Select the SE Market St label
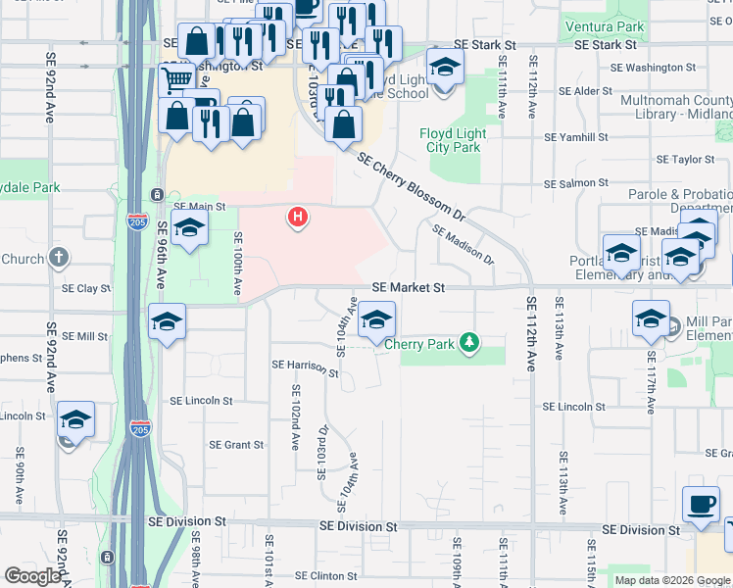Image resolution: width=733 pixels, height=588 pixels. [409, 288]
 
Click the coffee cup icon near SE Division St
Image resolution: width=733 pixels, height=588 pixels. [700, 503]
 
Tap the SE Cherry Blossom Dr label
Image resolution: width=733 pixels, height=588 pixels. [410, 184]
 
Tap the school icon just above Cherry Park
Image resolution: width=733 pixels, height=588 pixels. [376, 318]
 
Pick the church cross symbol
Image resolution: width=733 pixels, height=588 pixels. [59, 259]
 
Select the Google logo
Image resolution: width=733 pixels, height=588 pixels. [34, 576]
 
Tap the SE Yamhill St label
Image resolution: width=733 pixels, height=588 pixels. [576, 138]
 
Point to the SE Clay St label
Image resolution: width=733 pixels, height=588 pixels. [86, 289]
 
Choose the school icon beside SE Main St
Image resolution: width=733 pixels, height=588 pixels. [189, 228]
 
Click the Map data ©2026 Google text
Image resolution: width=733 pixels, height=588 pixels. [672, 580]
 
